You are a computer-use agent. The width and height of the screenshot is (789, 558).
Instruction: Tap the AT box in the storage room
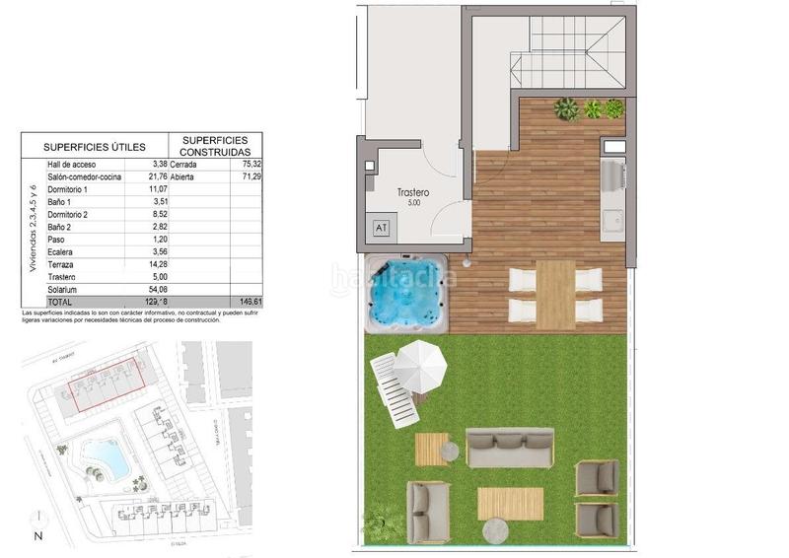pos(381,227)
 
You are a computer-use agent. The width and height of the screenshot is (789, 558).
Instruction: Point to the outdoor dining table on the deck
pos(554,293)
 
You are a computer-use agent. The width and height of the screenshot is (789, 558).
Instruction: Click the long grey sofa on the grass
pos(510,449)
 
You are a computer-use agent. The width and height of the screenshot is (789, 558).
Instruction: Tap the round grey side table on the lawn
pos(450,451)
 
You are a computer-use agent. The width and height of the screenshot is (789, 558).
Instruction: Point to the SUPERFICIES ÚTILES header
pos(95,145)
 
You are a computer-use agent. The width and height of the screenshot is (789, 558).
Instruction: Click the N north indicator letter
pos(37,536)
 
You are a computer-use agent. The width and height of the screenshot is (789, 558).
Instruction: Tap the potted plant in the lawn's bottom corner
pos(383,520)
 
